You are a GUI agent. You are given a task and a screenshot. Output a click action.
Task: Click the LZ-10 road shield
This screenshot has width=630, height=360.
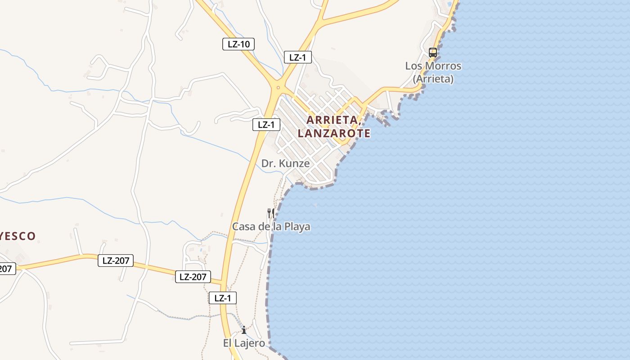[x=238, y=44]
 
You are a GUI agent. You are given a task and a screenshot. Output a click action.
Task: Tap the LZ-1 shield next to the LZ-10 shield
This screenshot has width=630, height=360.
[x=298, y=57]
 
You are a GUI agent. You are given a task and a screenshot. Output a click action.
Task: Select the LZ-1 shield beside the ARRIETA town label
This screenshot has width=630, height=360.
[x=266, y=125]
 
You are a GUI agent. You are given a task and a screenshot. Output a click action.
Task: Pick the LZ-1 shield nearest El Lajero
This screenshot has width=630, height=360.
[x=222, y=298]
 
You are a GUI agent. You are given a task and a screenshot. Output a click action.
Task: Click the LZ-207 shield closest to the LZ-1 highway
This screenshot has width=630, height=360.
[x=193, y=277]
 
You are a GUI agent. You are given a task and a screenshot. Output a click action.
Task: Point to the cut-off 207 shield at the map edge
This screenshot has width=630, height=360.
[x=6, y=269]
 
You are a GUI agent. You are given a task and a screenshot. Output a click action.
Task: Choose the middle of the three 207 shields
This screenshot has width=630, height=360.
[x=116, y=260]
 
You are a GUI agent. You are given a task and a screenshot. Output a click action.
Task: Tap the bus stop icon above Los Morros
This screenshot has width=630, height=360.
[x=433, y=53]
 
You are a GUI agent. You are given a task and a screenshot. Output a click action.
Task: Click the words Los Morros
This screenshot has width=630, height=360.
[x=433, y=66]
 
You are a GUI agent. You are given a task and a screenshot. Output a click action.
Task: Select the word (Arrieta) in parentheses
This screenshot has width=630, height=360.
[x=433, y=79]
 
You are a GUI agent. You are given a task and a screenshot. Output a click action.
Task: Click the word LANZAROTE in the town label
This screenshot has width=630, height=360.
[x=334, y=134]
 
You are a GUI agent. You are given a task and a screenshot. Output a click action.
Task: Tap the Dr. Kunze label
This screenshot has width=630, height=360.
[x=285, y=163]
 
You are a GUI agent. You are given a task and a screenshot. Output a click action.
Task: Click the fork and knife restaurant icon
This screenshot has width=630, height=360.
[x=271, y=213]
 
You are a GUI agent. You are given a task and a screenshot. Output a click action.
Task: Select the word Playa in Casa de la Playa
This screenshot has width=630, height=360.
[x=297, y=226]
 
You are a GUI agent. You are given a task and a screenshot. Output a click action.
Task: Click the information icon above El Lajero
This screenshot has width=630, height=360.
[x=244, y=330]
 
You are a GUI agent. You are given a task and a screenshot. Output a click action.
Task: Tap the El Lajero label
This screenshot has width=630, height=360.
[x=244, y=343]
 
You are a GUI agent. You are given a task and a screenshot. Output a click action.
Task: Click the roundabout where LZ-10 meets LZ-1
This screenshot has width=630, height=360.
[x=278, y=87]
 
